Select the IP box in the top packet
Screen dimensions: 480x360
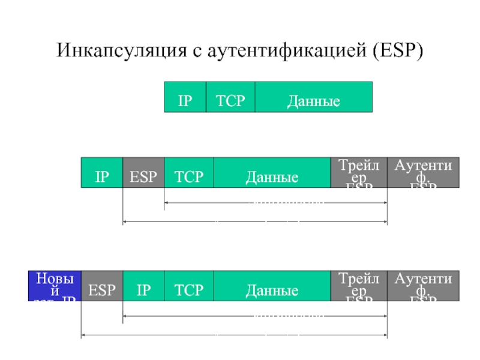click(185, 97)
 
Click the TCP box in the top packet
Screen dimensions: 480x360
click(230, 97)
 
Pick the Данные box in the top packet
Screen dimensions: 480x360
click(313, 97)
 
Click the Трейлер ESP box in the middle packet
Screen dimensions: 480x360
click(359, 173)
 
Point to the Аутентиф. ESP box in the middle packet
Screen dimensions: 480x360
click(423, 173)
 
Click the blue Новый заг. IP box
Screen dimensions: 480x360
click(55, 286)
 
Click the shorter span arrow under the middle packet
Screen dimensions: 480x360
click(275, 202)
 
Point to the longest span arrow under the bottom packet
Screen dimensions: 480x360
click(234, 335)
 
